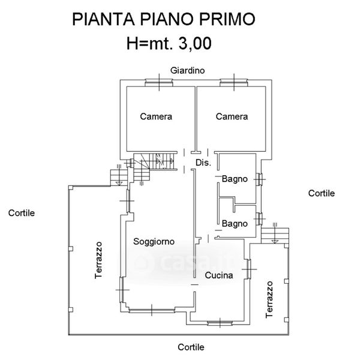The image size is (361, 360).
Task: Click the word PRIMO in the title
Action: [x=227, y=19]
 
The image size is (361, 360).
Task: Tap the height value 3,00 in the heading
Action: [x=195, y=43]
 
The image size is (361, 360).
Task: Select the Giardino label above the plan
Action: [x=188, y=70]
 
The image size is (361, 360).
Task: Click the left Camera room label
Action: [x=156, y=116]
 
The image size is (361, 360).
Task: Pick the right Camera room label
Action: [x=231, y=116]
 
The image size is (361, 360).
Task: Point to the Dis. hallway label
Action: [x=203, y=163]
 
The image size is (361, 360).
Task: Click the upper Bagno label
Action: [x=234, y=179]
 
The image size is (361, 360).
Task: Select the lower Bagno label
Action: [x=234, y=224]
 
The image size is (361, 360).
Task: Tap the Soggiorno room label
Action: [x=154, y=242]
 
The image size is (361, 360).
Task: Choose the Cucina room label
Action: [x=219, y=275]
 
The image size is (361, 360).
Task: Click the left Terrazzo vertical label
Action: [x=98, y=260]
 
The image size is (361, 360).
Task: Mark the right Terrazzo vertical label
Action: [x=269, y=299]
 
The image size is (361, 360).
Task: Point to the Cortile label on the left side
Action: [x=22, y=213]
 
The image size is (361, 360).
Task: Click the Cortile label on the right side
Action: [x=321, y=193]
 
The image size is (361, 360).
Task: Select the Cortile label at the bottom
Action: [x=191, y=347]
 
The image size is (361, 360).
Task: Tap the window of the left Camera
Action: [x=159, y=82]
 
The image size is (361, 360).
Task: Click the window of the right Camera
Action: [x=234, y=82]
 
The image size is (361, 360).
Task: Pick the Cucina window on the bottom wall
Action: [x=220, y=323]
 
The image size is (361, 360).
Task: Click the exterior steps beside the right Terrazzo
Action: [x=275, y=236]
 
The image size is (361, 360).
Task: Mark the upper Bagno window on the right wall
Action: [x=259, y=179]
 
